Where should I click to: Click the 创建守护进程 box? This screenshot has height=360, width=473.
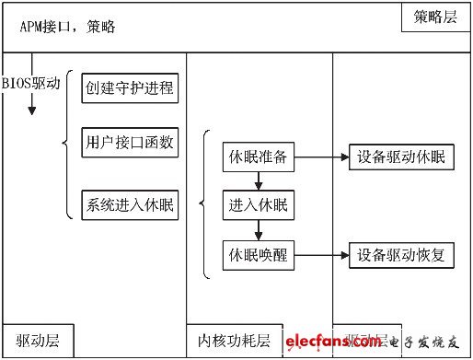(129, 89)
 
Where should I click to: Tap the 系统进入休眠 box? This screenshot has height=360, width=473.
(129, 203)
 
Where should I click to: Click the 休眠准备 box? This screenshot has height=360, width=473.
(257, 157)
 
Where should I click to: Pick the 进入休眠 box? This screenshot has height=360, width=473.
(257, 205)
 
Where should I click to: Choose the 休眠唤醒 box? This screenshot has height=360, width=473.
(257, 255)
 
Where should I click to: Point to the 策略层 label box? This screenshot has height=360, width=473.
(434, 17)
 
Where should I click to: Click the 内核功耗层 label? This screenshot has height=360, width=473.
(235, 341)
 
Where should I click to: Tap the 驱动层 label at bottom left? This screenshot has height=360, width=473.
(25, 341)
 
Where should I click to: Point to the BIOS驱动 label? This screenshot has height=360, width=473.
(30, 82)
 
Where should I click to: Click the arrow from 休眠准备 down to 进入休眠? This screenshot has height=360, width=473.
(257, 181)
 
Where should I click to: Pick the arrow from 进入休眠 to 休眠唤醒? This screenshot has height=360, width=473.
(257, 230)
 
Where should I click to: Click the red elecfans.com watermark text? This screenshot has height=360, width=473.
(332, 343)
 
